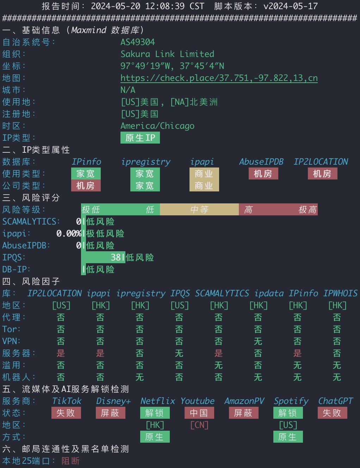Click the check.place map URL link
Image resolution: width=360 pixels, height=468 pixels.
click(219, 78)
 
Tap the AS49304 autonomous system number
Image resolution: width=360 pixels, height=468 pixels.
click(138, 42)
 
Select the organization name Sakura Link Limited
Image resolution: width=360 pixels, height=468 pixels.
click(167, 54)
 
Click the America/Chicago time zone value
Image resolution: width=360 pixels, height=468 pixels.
click(157, 126)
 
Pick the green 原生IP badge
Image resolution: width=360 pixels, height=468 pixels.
click(140, 138)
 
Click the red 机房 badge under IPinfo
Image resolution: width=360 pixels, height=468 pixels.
click(86, 186)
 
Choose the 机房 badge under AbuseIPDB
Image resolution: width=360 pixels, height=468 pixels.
click(263, 173)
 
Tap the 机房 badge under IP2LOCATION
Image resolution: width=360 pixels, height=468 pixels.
click(323, 173)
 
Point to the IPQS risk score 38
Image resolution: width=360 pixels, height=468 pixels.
click(116, 257)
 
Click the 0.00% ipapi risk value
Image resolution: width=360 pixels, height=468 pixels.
click(69, 233)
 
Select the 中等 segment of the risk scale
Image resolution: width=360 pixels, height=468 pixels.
click(199, 209)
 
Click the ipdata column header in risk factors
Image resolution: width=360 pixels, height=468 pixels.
click(269, 293)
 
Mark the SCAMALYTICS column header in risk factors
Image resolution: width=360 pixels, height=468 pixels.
click(222, 293)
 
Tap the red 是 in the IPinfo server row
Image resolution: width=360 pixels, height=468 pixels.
click(298, 353)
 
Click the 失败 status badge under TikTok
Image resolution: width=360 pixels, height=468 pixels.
click(66, 413)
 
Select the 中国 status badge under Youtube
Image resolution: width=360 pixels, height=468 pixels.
click(199, 413)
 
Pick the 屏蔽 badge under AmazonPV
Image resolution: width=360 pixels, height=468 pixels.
click(244, 413)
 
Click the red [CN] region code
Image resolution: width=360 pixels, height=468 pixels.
click(199, 425)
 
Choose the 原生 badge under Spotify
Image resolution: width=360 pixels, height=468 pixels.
click(288, 437)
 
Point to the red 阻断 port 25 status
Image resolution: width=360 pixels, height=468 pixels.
click(71, 461)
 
